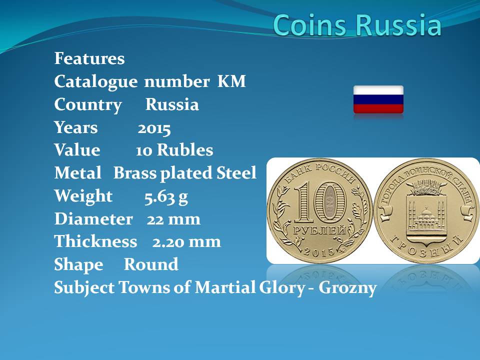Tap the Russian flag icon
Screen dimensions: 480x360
378,99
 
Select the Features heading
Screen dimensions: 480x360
89,58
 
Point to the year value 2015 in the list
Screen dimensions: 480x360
154,128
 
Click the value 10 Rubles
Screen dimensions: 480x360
174,150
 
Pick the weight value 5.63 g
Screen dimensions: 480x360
166,197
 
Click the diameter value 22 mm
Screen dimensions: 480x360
173,219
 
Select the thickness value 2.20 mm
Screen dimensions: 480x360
186,242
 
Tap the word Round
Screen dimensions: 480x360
151,264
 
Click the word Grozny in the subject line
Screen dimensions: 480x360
347,288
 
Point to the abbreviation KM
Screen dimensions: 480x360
231,81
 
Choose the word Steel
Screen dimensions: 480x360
236,173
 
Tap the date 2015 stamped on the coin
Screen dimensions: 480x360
319,251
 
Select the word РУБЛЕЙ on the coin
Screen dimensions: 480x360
319,230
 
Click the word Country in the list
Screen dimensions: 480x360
88,105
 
